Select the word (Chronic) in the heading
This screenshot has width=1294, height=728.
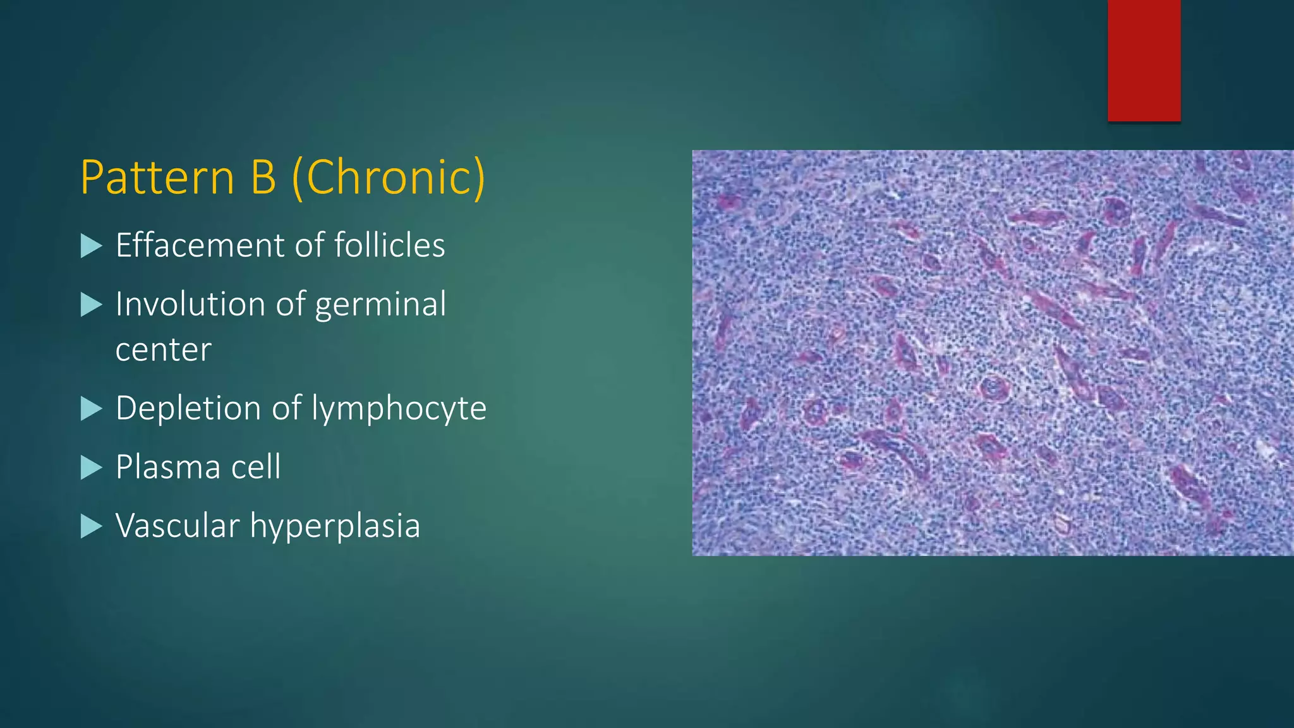(x=389, y=178)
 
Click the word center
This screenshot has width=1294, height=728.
(x=163, y=350)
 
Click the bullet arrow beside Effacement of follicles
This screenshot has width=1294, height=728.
(x=92, y=246)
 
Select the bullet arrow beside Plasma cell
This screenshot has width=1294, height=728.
(x=92, y=468)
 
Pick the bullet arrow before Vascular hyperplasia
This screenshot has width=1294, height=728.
(x=92, y=526)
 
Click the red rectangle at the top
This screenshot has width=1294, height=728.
(x=1144, y=60)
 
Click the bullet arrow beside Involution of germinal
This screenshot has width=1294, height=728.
(x=92, y=305)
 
